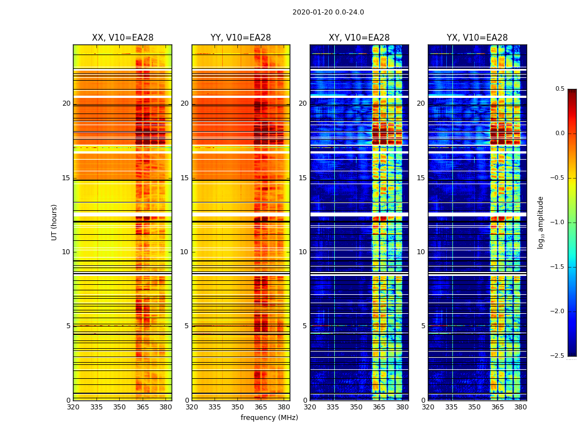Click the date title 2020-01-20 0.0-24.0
coord(328,12)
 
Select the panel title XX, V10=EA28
coord(123,38)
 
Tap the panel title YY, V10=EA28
coord(241,38)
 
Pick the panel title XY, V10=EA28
coord(359,38)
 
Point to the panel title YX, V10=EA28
coord(477,38)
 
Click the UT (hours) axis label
coord(54,222)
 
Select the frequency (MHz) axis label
coord(269,418)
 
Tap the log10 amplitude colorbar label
coord(540,222)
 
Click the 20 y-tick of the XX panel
coord(66,103)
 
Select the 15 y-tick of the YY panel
coord(184,178)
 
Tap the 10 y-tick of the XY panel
coord(303,252)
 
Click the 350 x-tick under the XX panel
coord(119,407)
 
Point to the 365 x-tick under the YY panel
coord(261,407)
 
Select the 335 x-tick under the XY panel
coord(333,407)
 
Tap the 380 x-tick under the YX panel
coord(520,407)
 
